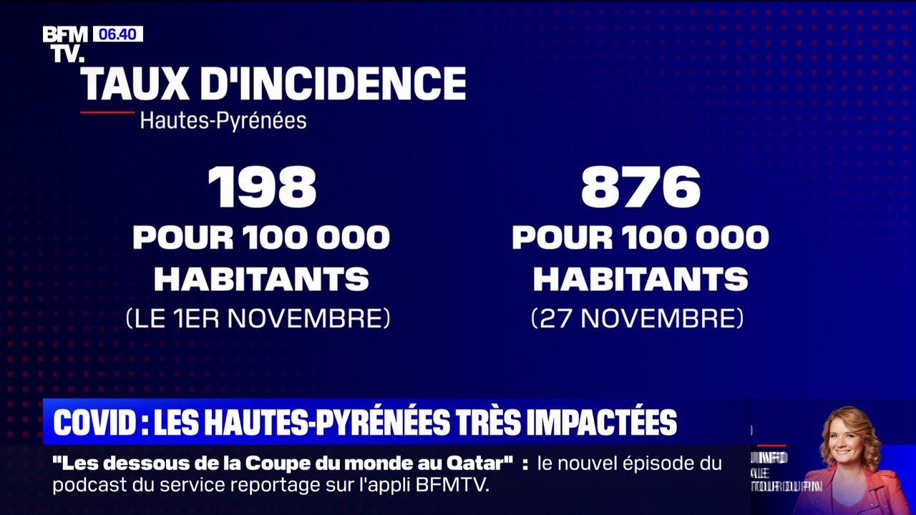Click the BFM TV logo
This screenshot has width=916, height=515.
tap(65, 43)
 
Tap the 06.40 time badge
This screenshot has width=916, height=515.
tap(117, 34)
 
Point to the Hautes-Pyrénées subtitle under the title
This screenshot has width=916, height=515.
tap(223, 120)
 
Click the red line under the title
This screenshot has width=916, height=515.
tap(107, 112)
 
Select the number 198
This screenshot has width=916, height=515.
tap(262, 187)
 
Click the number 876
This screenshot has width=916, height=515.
tap(640, 187)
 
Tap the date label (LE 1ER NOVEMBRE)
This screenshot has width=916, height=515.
tap(258, 318)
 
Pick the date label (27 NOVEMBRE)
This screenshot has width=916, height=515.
tap(638, 318)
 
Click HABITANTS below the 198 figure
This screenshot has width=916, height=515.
tap(262, 279)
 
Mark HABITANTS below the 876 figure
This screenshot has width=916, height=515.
tap(640, 279)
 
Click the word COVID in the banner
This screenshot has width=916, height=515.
tap(94, 423)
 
